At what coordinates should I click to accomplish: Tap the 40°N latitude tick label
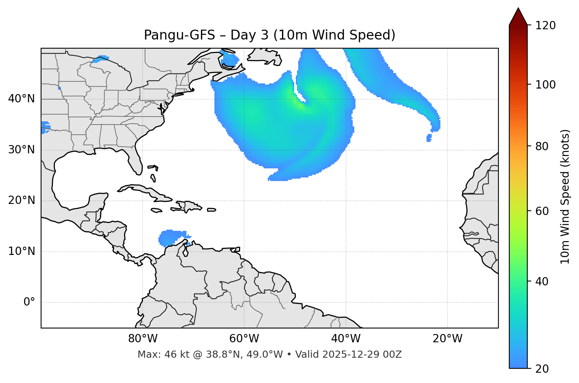(x=21, y=99)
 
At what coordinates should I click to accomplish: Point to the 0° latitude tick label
(x=29, y=302)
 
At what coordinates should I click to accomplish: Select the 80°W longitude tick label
(x=143, y=339)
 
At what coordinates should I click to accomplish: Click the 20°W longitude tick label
(x=447, y=339)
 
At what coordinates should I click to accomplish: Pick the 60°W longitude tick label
(x=244, y=339)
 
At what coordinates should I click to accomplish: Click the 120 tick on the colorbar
(x=545, y=26)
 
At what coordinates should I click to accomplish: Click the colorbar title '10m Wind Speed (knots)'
(x=565, y=196)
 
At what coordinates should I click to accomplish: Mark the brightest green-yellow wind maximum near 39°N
(x=300, y=104)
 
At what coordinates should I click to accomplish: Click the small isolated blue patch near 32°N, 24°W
(x=429, y=138)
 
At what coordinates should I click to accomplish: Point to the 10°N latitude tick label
(x=21, y=251)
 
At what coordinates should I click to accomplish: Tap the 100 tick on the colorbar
(x=545, y=85)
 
